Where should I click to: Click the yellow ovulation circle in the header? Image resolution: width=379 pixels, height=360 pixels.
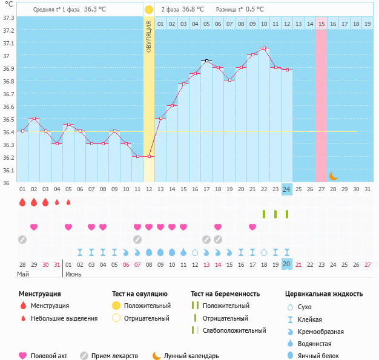pyautogui.click(x=149, y=10)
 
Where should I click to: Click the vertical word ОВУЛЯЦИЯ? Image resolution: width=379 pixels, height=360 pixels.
pyautogui.click(x=149, y=36)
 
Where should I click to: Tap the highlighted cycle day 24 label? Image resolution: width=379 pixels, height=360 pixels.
pyautogui.click(x=286, y=189)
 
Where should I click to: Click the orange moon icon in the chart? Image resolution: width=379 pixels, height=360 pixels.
pyautogui.click(x=334, y=176)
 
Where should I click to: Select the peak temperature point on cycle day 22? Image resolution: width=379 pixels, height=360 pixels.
pyautogui.click(x=263, y=48)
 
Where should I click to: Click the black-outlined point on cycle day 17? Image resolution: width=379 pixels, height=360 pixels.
pyautogui.click(x=206, y=61)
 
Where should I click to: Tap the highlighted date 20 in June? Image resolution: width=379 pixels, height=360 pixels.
pyautogui.click(x=286, y=264)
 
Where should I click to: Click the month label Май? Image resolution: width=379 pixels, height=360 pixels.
pyautogui.click(x=22, y=274)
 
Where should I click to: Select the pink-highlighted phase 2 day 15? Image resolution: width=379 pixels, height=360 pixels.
pyautogui.click(x=321, y=24)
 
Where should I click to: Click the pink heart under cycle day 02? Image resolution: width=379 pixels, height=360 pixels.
pyautogui.click(x=34, y=227)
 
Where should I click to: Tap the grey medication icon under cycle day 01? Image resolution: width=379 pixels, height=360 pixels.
pyautogui.click(x=22, y=239)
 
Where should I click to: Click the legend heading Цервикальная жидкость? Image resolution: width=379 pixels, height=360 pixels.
pyautogui.click(x=324, y=294)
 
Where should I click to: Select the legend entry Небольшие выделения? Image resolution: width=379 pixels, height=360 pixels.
pyautogui.click(x=64, y=318)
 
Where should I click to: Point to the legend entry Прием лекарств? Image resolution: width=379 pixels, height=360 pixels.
pyautogui.click(x=114, y=356)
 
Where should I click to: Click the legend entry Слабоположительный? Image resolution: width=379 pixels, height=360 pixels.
pyautogui.click(x=234, y=330)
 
